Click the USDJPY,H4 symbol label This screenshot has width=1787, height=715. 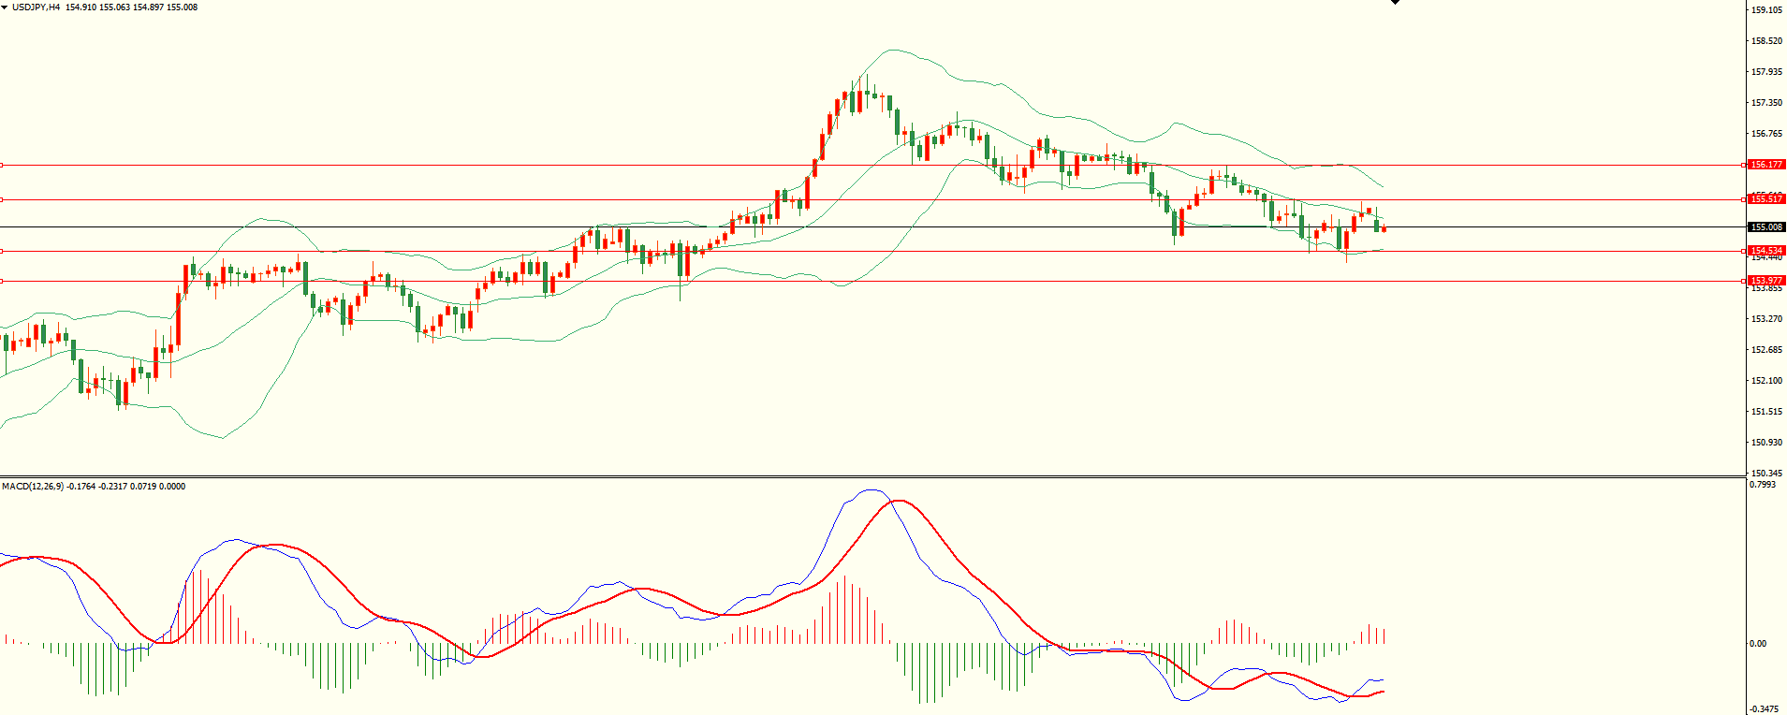point(36,7)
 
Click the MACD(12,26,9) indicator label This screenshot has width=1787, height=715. point(33,487)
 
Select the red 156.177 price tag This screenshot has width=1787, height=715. point(1766,165)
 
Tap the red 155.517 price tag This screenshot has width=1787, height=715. point(1766,199)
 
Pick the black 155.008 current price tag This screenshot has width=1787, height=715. point(1766,227)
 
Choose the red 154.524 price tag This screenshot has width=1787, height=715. point(1766,251)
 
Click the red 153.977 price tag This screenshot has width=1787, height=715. point(1766,281)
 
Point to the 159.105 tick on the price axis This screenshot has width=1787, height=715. point(1766,10)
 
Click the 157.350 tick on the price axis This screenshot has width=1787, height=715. point(1766,103)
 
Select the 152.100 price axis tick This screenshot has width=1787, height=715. point(1766,381)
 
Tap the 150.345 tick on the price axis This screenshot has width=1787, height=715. point(1766,474)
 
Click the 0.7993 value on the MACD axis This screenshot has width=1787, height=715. point(1763,485)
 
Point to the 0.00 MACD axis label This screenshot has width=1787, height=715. point(1758,644)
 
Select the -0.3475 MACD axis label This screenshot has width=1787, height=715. point(1763,709)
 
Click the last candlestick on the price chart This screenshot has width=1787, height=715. point(1384,228)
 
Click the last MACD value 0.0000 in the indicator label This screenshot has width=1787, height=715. point(172,487)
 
